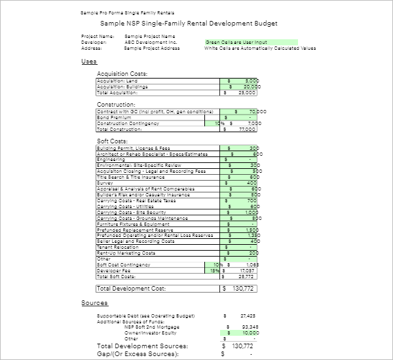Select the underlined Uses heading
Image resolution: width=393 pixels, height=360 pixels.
click(x=88, y=61)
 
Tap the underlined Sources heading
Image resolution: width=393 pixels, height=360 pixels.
click(x=94, y=303)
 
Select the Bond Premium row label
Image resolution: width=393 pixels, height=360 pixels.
click(x=114, y=118)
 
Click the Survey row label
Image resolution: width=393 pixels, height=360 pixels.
click(x=106, y=183)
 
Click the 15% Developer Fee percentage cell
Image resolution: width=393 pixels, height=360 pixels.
click(x=214, y=270)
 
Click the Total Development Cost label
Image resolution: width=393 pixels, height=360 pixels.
click(x=131, y=288)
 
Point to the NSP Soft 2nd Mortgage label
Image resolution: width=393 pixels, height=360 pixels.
click(x=150, y=327)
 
